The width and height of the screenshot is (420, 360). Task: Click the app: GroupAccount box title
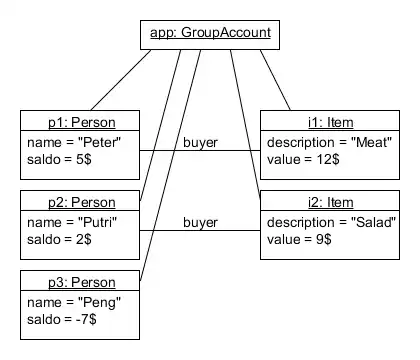click(x=209, y=33)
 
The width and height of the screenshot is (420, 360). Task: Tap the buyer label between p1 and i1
click(x=200, y=142)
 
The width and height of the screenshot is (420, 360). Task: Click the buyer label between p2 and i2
click(x=200, y=222)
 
